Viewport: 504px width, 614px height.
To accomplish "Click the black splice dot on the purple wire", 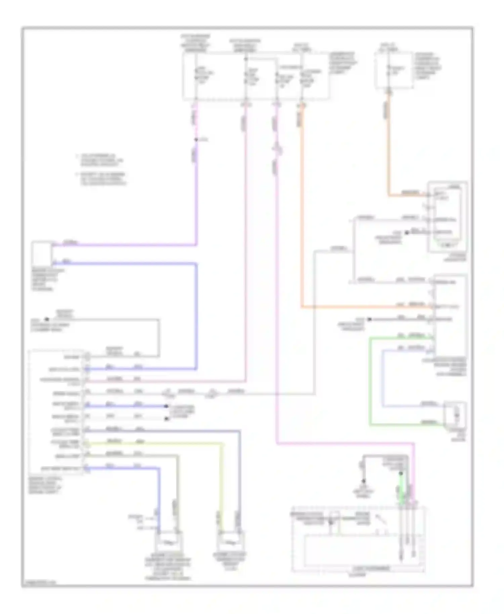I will pos(196,140).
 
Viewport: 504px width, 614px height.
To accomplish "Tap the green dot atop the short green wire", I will pos(401,474).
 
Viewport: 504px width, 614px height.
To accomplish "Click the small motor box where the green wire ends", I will pos(455,414).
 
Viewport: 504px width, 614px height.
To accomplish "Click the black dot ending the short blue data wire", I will pos(166,406).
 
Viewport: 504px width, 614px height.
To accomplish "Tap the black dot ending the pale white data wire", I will pos(166,419).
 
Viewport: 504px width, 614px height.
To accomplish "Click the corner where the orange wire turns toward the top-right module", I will pos(389,195).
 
